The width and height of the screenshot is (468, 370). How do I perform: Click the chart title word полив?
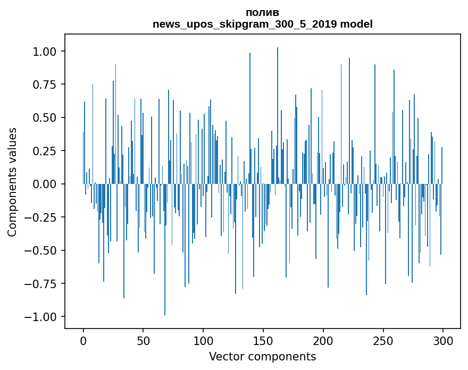click(x=262, y=12)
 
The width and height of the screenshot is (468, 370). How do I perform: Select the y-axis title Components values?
click(x=12, y=182)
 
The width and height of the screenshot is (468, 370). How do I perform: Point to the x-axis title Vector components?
click(x=262, y=357)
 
